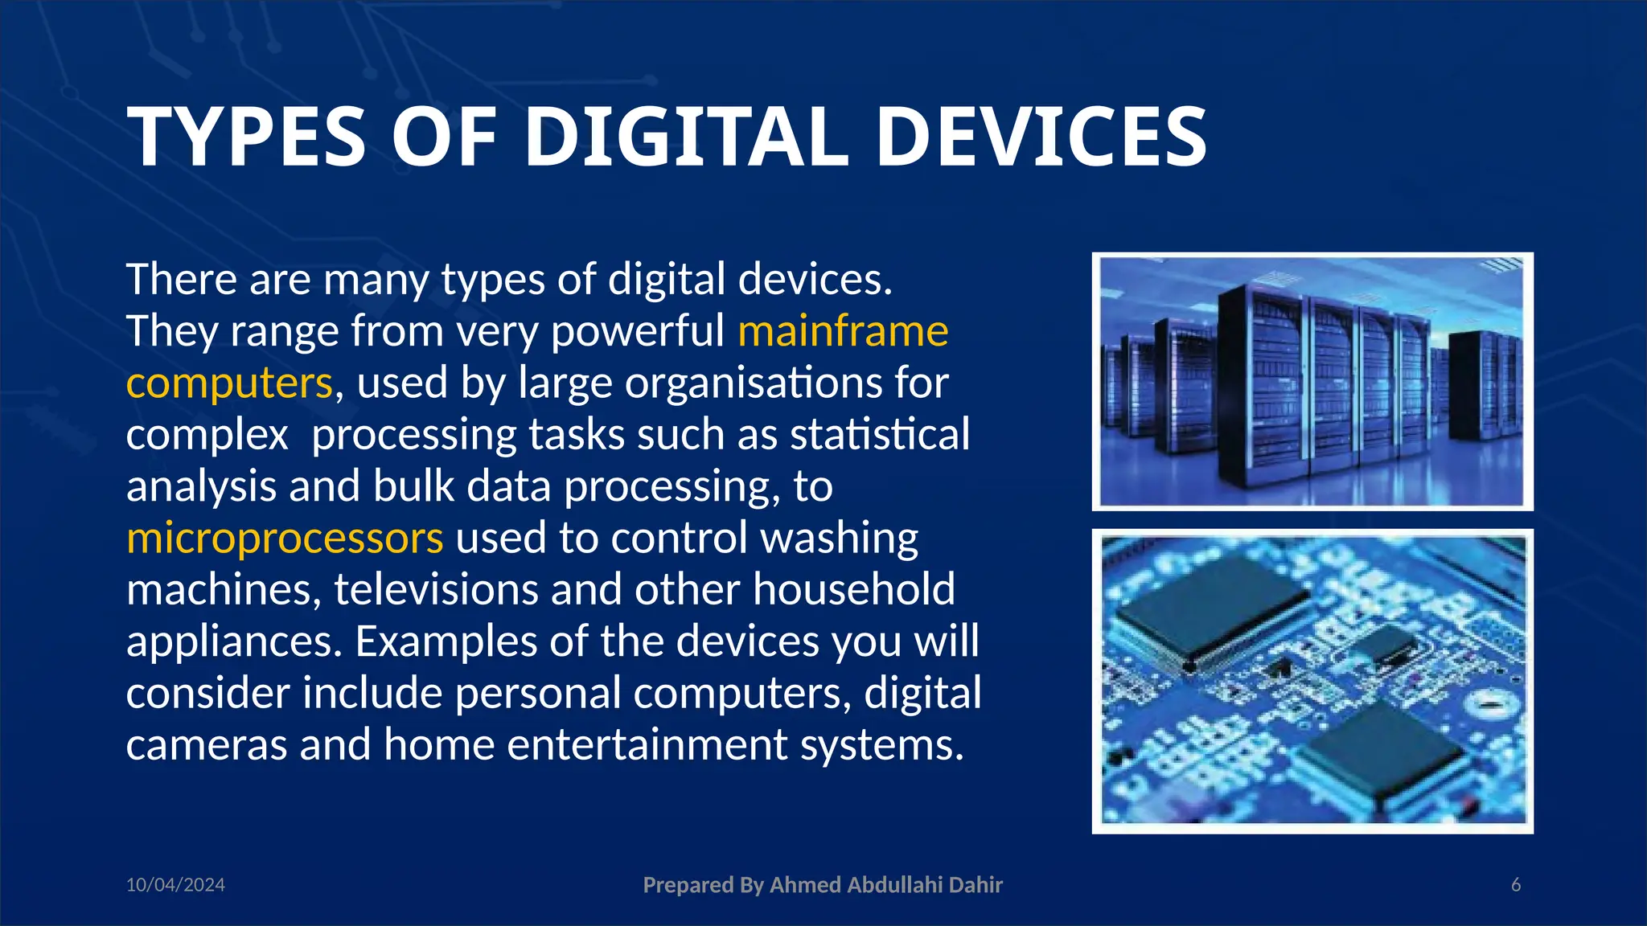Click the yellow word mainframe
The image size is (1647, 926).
tap(843, 331)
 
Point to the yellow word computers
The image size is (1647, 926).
tap(229, 383)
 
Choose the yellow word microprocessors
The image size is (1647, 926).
tap(285, 538)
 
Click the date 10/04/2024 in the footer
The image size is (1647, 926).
tap(175, 885)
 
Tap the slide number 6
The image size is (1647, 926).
tap(1516, 885)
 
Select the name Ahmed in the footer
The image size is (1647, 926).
tap(806, 885)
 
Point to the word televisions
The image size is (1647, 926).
tap(436, 589)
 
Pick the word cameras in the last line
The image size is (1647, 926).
tap(207, 744)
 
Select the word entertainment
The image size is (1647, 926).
tap(647, 744)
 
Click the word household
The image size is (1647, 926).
tap(854, 589)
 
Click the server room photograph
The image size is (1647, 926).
tap(1312, 382)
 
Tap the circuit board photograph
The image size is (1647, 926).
tap(1312, 681)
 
